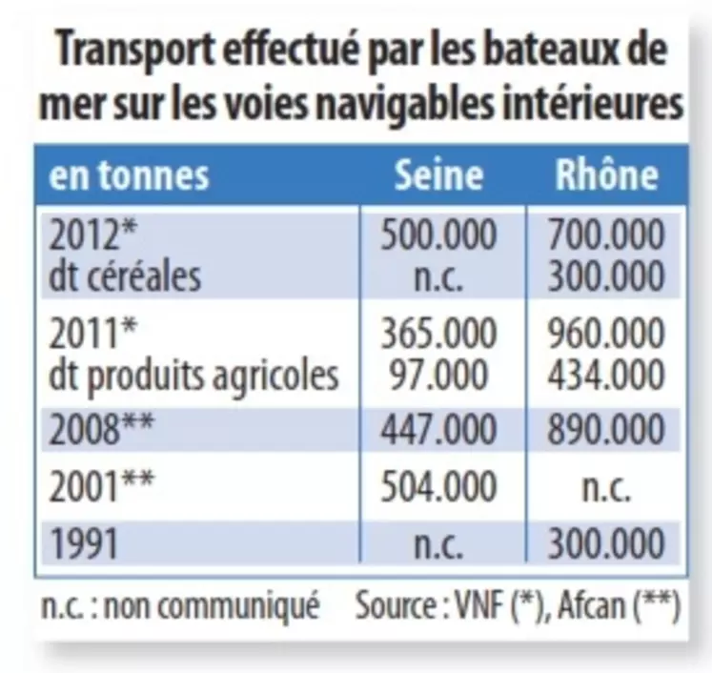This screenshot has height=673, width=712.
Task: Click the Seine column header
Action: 438,175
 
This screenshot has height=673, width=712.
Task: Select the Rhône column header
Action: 606,175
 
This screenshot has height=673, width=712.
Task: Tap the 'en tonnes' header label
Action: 129,176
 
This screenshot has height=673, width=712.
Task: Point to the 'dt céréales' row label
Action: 125,276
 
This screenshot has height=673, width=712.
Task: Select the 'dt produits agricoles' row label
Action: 193,376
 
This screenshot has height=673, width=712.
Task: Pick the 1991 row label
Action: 84,545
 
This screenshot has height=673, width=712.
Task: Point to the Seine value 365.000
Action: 438,335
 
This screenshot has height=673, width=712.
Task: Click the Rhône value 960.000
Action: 606,335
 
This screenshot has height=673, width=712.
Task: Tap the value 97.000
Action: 438,376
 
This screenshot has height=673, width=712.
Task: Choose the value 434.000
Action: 606,376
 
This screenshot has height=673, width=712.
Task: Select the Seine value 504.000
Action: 438,487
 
